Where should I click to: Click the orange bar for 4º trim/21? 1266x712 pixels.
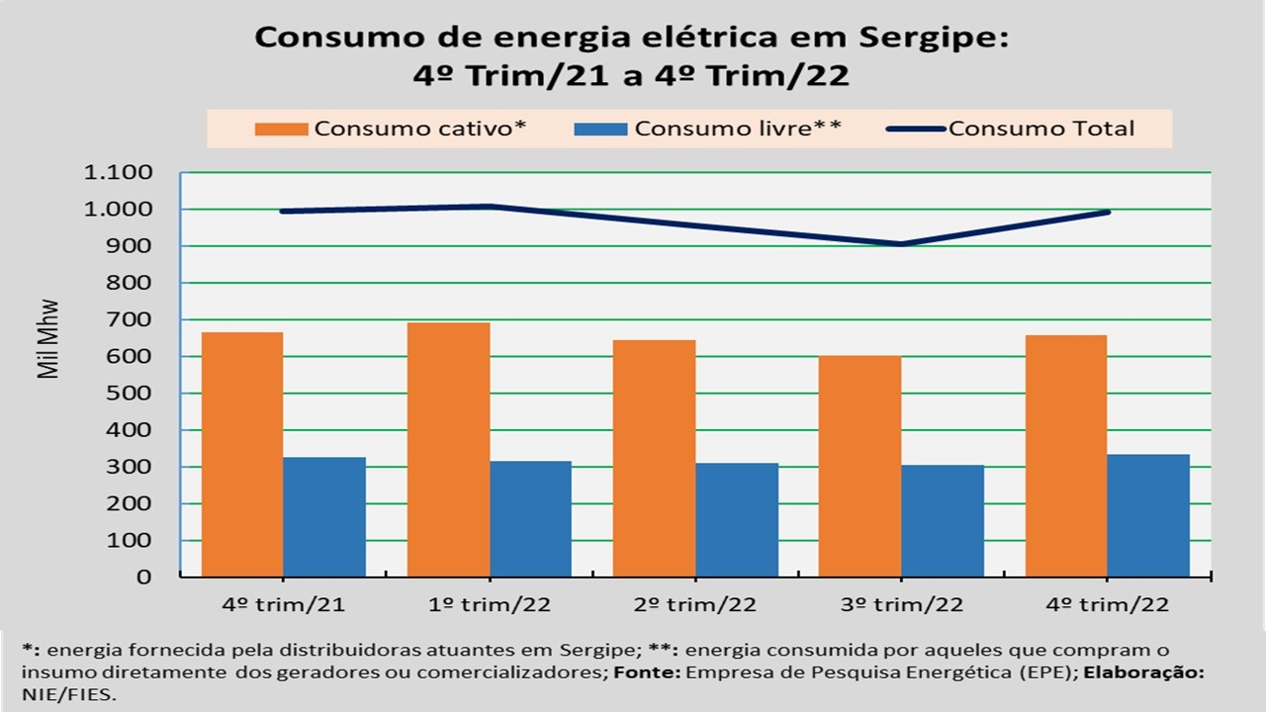click(x=242, y=455)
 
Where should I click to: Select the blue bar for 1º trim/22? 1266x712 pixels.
click(x=530, y=519)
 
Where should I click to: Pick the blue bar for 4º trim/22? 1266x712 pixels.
click(x=1147, y=515)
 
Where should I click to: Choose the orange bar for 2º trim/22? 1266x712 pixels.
click(x=654, y=459)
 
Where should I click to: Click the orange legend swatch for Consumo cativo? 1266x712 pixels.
click(x=282, y=129)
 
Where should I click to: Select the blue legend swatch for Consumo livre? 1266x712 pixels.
click(x=599, y=129)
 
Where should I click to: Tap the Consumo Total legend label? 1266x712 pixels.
click(x=1041, y=129)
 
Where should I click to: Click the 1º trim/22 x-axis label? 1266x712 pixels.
click(x=489, y=605)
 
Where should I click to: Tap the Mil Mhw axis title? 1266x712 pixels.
click(x=47, y=338)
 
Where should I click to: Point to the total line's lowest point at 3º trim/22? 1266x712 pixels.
click(x=901, y=243)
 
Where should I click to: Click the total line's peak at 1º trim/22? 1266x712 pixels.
click(x=489, y=206)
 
